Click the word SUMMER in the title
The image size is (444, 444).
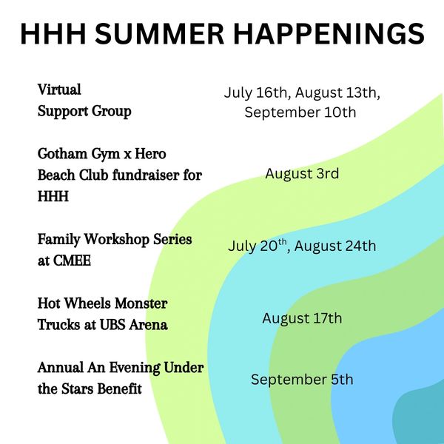click(x=159, y=33)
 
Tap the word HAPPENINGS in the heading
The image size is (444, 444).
click(x=329, y=33)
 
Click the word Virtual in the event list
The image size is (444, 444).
click(x=59, y=90)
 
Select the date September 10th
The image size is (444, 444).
click(x=300, y=112)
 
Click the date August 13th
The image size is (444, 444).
click(x=337, y=92)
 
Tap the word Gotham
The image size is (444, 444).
click(x=63, y=154)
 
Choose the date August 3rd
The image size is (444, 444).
click(x=302, y=174)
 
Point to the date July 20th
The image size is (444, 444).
click(x=258, y=246)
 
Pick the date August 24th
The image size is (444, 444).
click(x=335, y=246)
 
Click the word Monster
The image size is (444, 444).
click(x=141, y=303)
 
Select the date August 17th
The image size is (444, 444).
click(x=302, y=318)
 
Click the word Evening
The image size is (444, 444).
click(x=135, y=368)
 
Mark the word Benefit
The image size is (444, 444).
click(x=120, y=388)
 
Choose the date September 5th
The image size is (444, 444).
click(x=302, y=380)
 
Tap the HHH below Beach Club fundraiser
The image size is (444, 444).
click(x=53, y=196)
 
